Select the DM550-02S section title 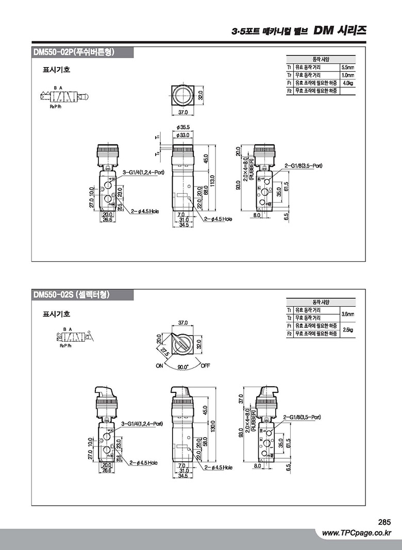tap(71, 294)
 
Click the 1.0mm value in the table tap(348, 75)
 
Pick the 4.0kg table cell tap(348, 83)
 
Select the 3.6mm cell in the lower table tap(348, 314)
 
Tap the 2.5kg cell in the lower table tap(348, 329)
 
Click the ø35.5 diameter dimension tap(182, 127)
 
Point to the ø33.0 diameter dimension tap(182, 135)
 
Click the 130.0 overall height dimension tap(212, 427)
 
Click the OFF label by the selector tap(206, 366)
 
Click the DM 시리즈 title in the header tap(340, 31)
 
